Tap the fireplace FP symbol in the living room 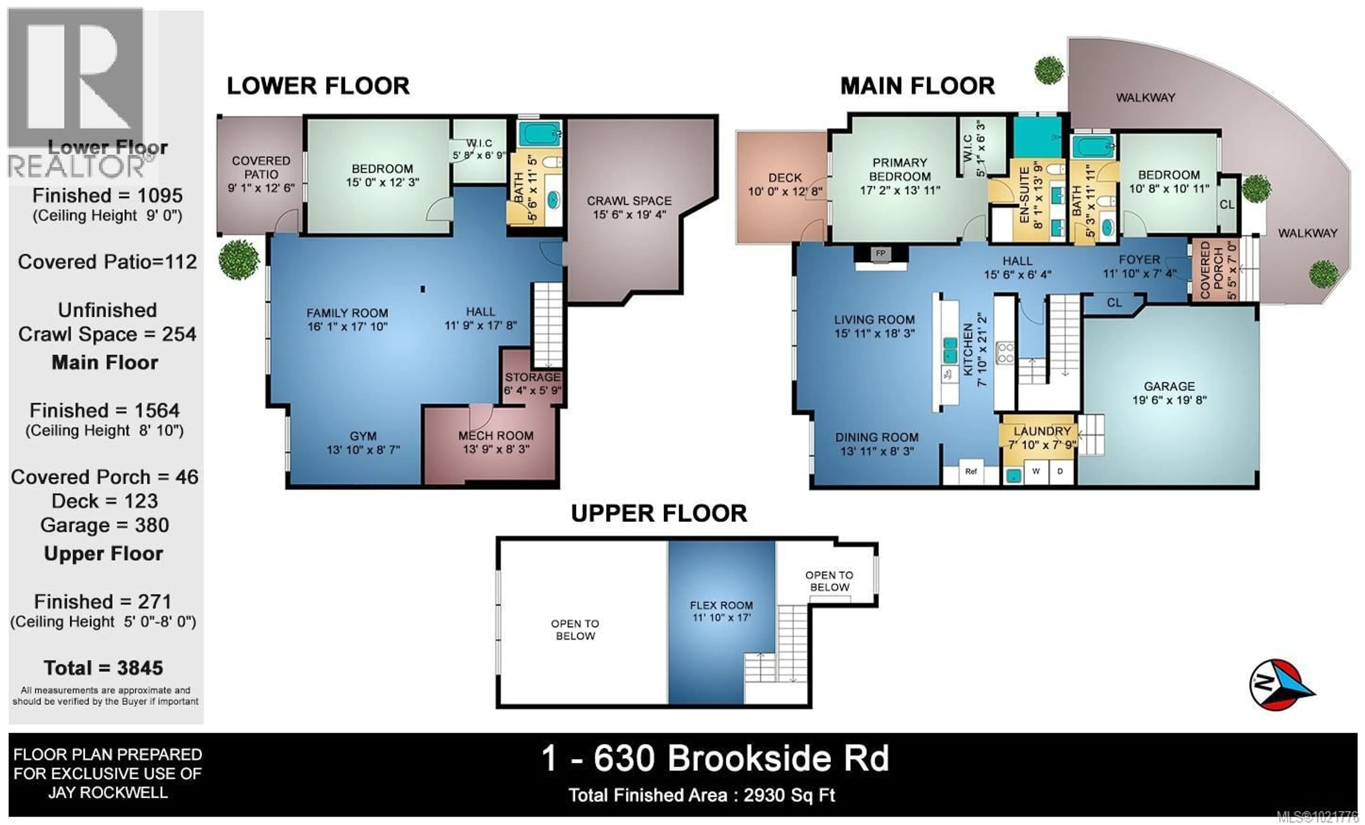(x=880, y=254)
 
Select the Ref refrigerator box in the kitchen (x=970, y=472)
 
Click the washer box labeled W (x=1035, y=472)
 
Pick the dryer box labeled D (x=1060, y=472)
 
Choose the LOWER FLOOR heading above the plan (x=318, y=86)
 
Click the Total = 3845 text (x=103, y=668)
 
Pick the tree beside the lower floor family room (x=239, y=259)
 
